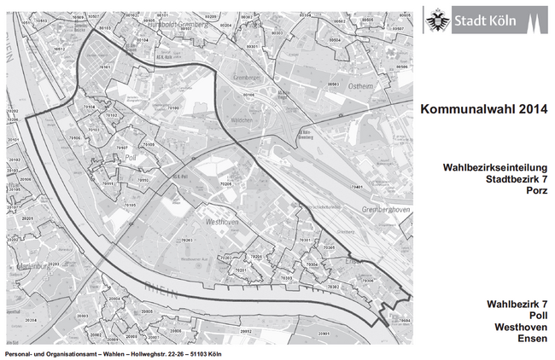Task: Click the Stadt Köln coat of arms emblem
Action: tap(437, 18)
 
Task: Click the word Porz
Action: tap(534, 191)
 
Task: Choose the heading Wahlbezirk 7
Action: tap(517, 304)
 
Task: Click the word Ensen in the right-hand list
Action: tap(532, 340)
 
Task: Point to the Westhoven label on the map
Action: tap(221, 221)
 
